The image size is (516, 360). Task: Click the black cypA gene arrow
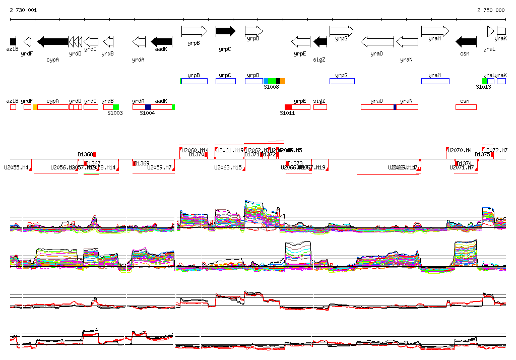point(53,41)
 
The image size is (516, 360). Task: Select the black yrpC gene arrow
point(225,31)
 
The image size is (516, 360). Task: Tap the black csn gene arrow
point(466,41)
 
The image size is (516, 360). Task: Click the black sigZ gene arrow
point(320,41)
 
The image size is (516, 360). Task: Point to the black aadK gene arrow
point(162,41)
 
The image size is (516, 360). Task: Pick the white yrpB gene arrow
point(194,31)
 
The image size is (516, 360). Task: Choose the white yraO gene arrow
point(377,41)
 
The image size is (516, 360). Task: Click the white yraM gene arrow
point(435,31)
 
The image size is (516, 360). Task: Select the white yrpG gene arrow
point(342,31)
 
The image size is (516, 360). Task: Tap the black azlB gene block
point(13,41)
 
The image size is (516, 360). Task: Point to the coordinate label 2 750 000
point(491,10)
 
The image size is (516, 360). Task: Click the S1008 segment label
point(271,87)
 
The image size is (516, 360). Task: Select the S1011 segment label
point(287,113)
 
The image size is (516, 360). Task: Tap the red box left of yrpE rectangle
point(288,107)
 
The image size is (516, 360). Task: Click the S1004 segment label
point(147,113)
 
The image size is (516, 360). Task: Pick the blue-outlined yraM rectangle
point(435,81)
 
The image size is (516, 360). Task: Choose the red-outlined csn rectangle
point(466,107)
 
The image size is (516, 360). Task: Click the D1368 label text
point(85,154)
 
